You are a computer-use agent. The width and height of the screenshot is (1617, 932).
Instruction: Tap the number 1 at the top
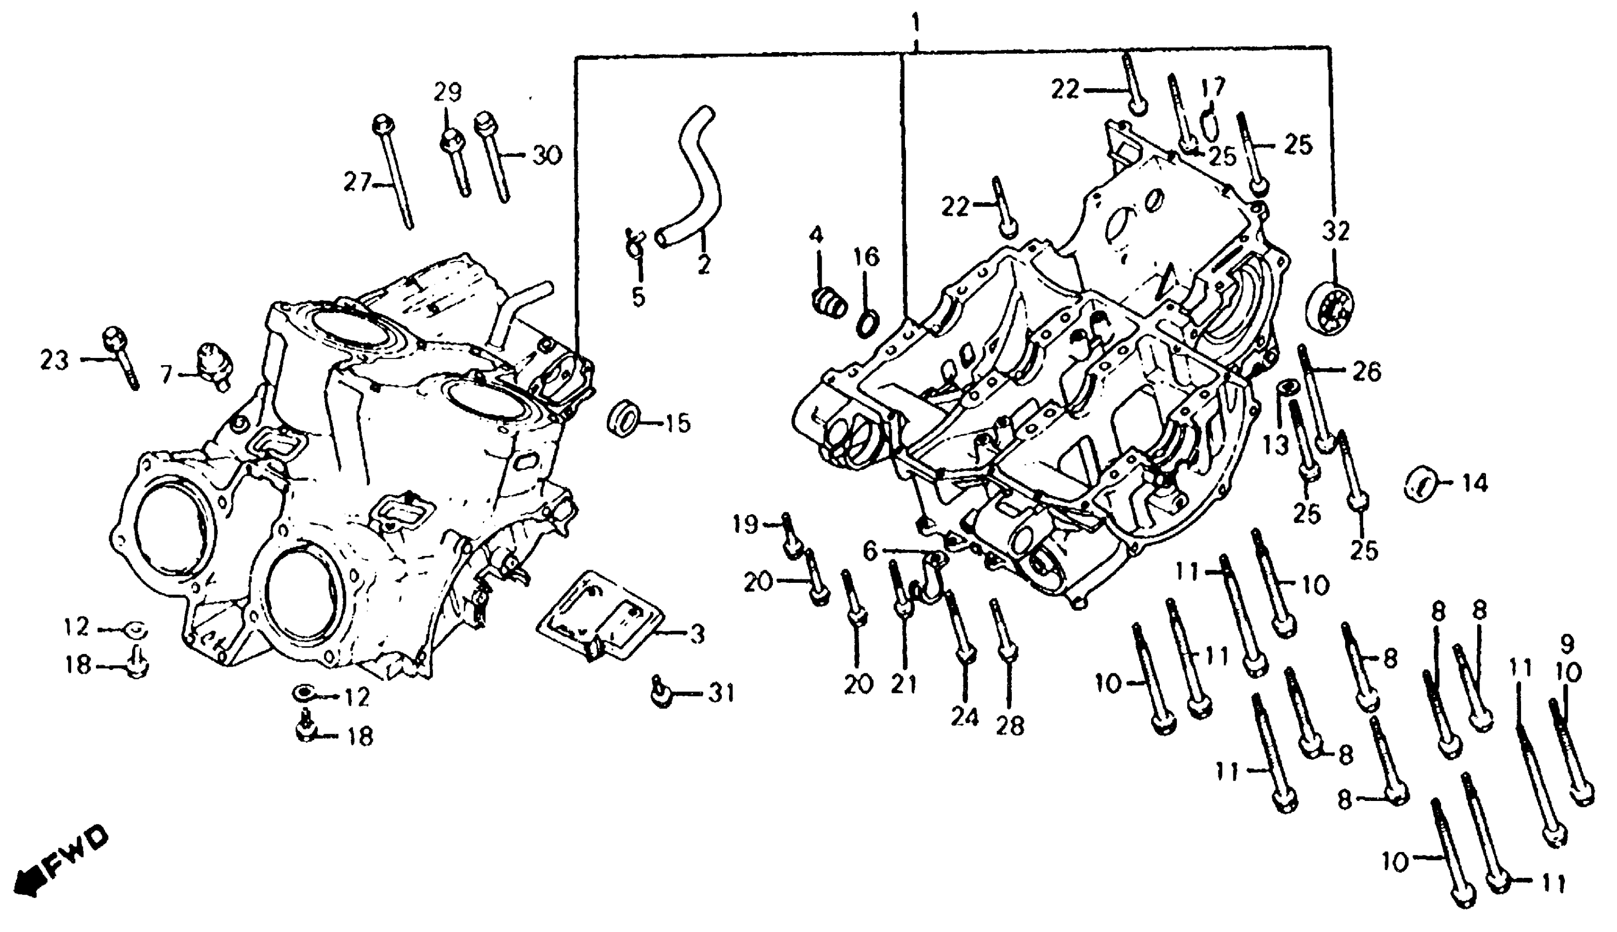[x=916, y=24]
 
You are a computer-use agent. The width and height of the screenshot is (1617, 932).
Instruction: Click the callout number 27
[x=357, y=183]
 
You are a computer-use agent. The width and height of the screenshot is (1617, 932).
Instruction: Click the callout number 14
[x=1474, y=484]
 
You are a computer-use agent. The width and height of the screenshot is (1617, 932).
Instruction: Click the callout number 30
[x=546, y=155]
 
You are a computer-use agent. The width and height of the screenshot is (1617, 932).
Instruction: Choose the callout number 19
[x=745, y=525]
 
